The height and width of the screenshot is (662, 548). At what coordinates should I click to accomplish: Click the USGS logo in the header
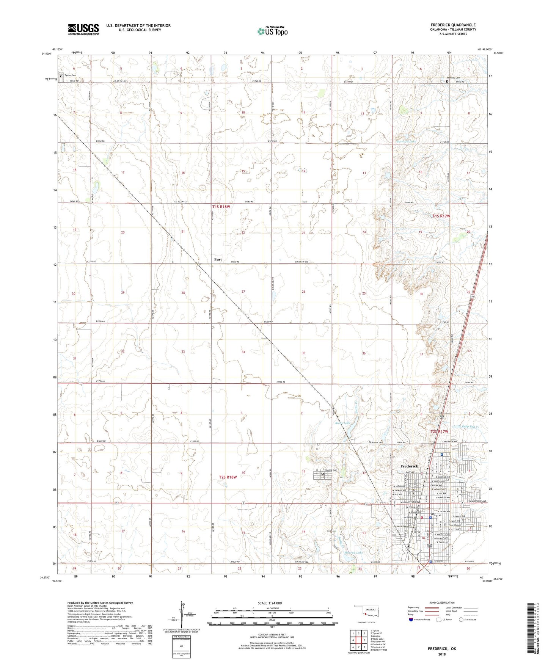point(83,29)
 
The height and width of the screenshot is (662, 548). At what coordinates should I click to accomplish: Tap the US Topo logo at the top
point(272,31)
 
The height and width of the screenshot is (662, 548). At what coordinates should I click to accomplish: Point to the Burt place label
point(218,259)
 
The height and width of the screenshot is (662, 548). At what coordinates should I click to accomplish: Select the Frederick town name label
point(409,466)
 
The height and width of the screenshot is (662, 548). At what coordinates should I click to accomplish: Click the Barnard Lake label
point(406,141)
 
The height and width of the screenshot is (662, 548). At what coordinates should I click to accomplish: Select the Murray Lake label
point(353,553)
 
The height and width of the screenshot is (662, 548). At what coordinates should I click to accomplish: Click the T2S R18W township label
point(228,477)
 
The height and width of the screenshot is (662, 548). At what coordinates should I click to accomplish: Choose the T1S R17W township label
point(441,216)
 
